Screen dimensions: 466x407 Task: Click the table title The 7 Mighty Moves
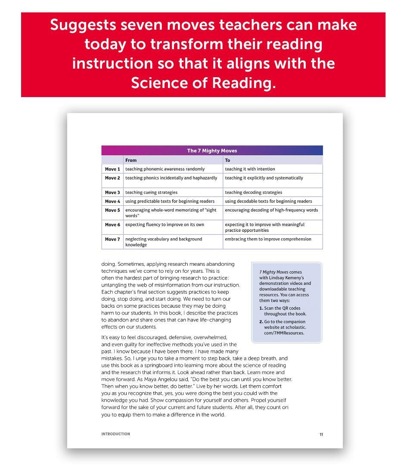pyautogui.click(x=212, y=151)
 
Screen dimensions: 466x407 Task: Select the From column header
pyautogui.click(x=131, y=160)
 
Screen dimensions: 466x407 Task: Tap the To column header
pyautogui.click(x=227, y=160)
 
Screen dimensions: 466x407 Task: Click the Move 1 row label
pyautogui.click(x=112, y=169)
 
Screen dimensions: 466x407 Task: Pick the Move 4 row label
pyautogui.click(x=112, y=202)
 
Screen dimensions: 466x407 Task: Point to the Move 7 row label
pyautogui.click(x=112, y=239)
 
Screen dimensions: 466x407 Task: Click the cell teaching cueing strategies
pyautogui.click(x=151, y=192)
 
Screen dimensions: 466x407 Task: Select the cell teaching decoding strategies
pyautogui.click(x=253, y=192)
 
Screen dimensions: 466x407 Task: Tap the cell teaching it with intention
pyautogui.click(x=250, y=169)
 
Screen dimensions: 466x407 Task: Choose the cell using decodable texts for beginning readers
pyautogui.click(x=268, y=202)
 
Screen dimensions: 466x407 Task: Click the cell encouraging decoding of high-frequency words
pyautogui.click(x=271, y=210)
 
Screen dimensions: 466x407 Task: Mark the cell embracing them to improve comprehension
pyautogui.click(x=268, y=239)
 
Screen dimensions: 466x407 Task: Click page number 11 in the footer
pyautogui.click(x=321, y=435)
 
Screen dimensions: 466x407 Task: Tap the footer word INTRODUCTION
pyautogui.click(x=115, y=434)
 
